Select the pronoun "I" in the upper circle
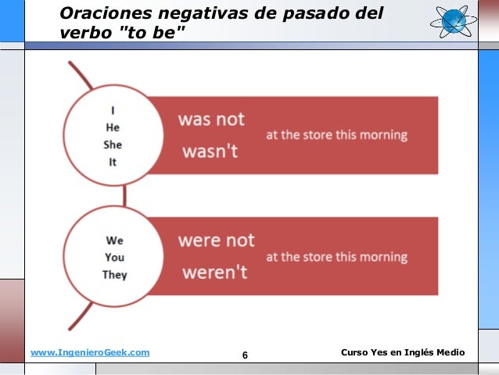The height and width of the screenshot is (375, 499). (113, 110)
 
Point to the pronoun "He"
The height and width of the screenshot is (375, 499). (113, 128)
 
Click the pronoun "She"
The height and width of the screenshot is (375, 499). (113, 145)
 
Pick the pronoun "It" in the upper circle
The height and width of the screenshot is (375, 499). (113, 163)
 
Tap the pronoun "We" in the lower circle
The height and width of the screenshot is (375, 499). (114, 240)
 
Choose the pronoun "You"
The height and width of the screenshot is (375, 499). (114, 258)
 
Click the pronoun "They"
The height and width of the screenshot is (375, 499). (114, 275)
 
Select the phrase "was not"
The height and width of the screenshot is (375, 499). (211, 120)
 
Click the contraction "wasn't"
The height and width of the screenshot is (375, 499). (210, 151)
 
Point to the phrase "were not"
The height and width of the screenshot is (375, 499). (216, 240)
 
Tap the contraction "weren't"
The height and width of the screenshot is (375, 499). (214, 272)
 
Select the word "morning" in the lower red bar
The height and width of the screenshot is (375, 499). (383, 257)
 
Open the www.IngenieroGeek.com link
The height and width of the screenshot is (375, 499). (89, 353)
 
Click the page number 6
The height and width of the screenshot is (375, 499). (245, 356)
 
